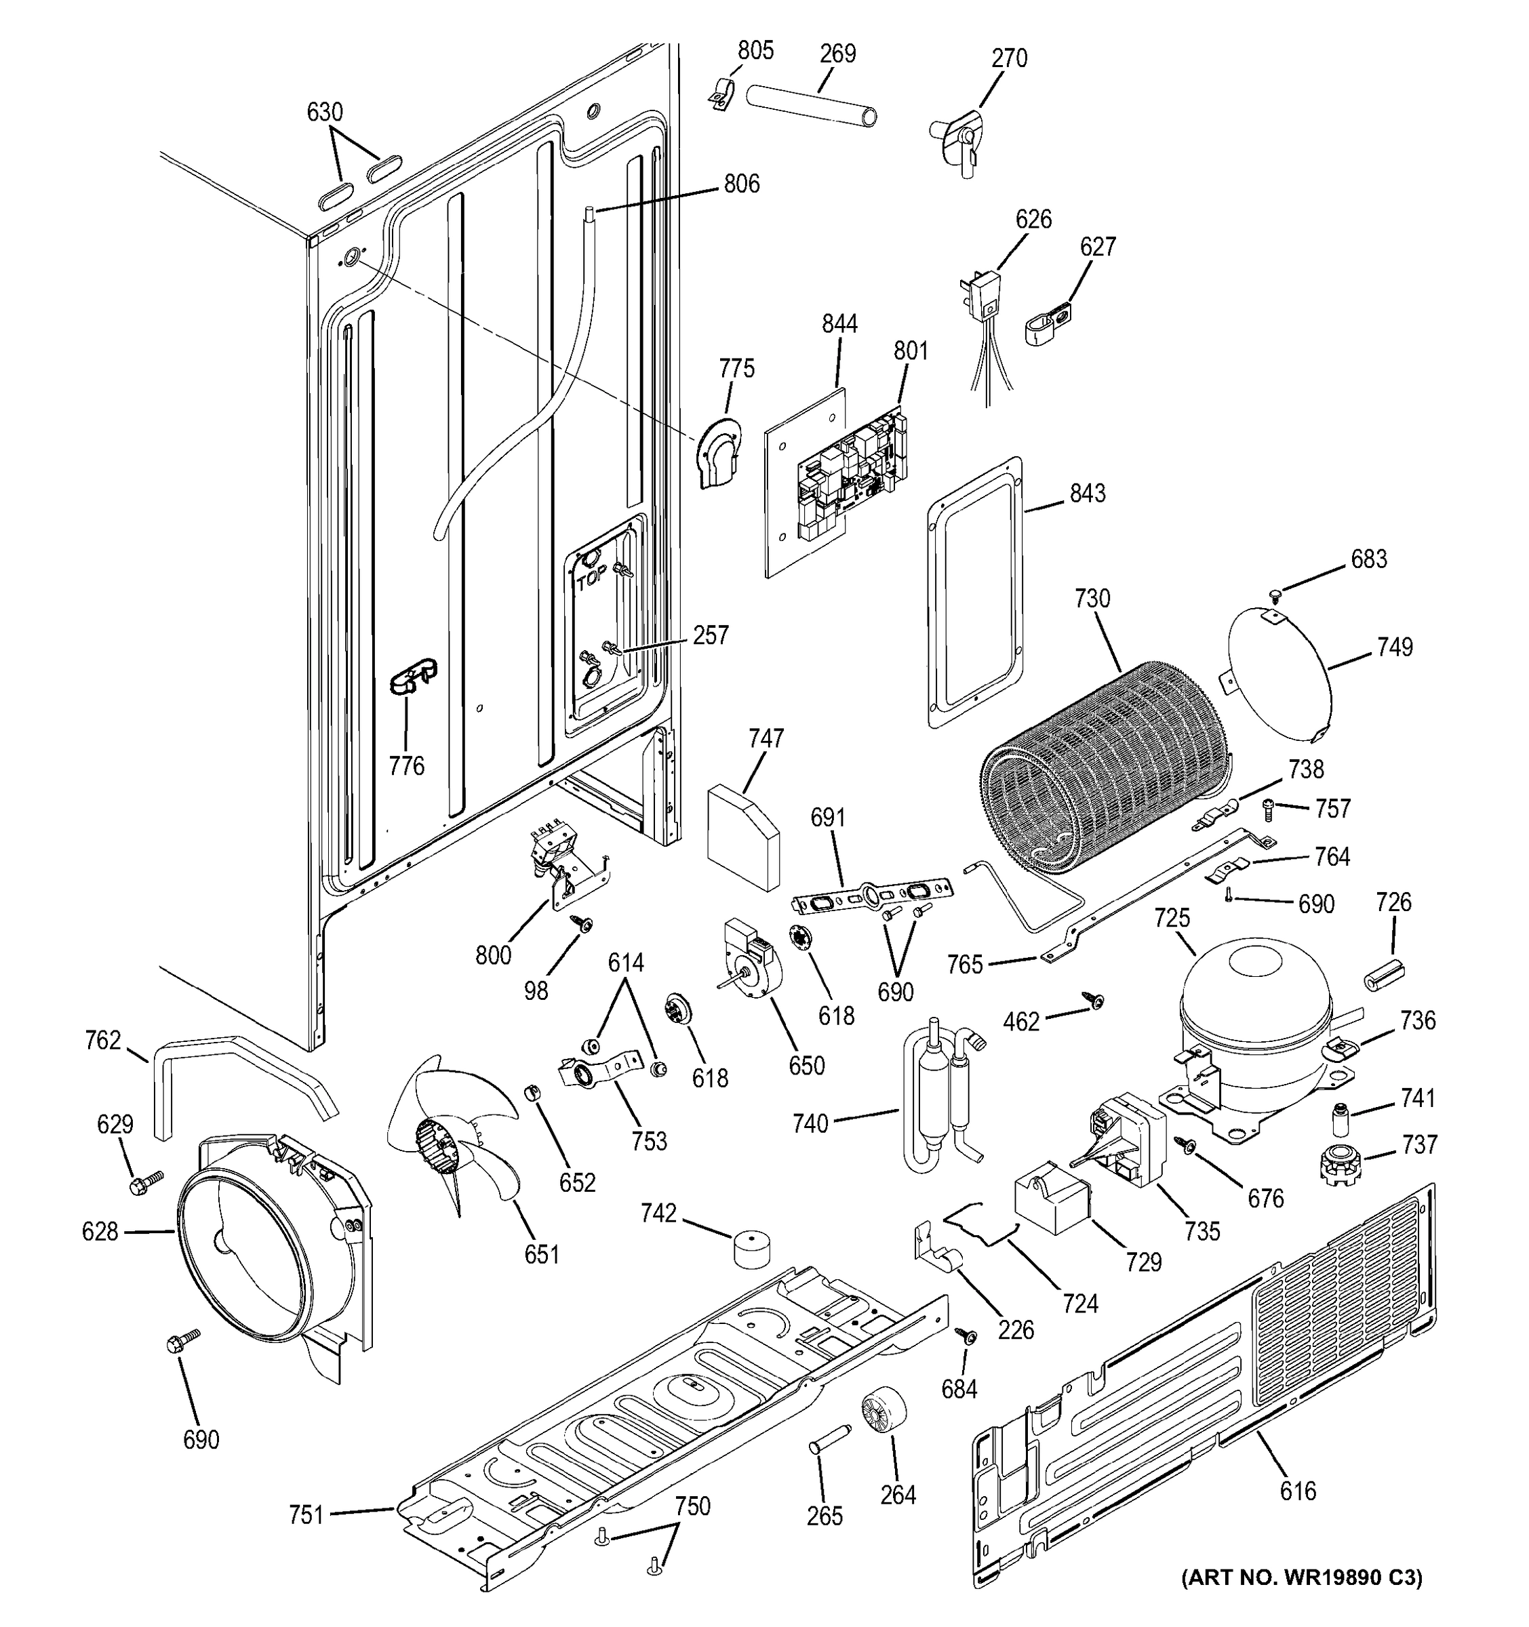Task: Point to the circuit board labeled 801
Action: pos(851,475)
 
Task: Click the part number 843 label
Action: pos(1087,494)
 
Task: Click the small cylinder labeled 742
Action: pos(754,1248)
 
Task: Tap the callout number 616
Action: pos(1297,1492)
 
